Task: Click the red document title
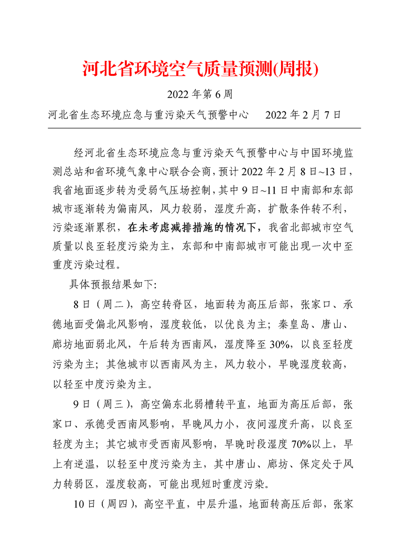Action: [200, 69]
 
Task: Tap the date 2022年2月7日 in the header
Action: [303, 115]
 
